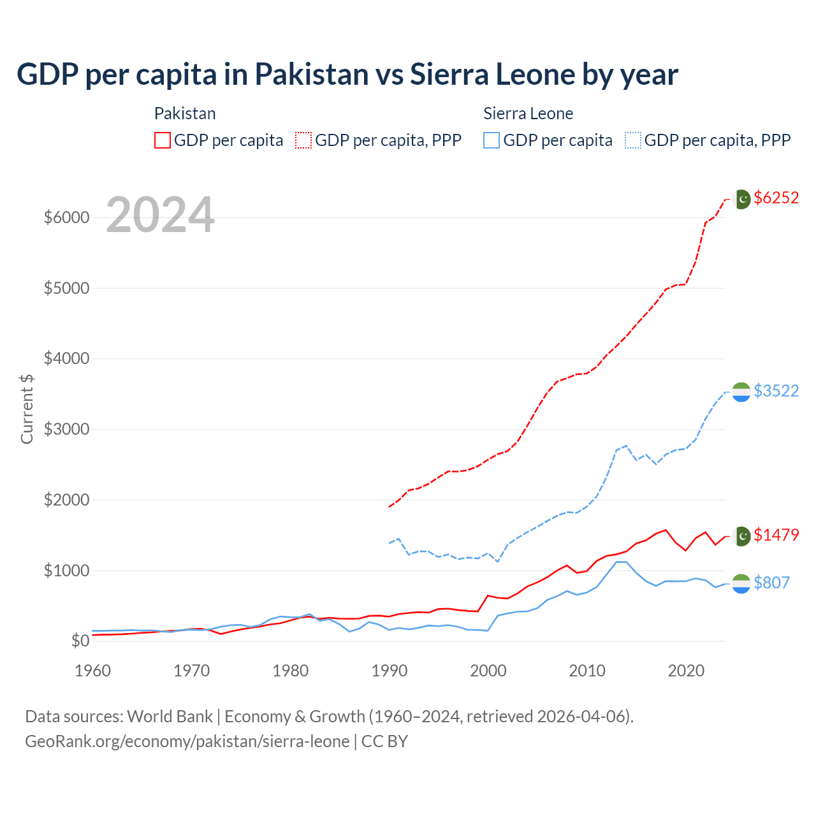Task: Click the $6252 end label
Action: pos(776,198)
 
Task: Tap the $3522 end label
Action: pos(776,391)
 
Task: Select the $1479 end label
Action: pos(776,535)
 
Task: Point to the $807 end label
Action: pos(771,583)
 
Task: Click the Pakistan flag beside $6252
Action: pos(742,199)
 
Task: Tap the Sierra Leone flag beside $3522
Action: pos(741,392)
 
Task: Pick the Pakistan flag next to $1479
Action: pos(742,536)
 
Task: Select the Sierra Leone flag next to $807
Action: pos(741,583)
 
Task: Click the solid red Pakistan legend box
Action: pos(163,140)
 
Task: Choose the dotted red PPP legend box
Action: pos(303,140)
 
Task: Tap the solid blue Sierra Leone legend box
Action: pos(492,140)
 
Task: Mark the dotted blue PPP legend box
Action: pos(633,140)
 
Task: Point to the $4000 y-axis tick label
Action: pos(66,358)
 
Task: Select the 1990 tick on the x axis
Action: pos(390,671)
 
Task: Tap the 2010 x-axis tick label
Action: pos(587,671)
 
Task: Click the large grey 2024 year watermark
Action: pos(160,215)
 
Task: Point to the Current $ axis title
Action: pos(27,409)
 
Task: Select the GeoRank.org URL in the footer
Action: pos(187,741)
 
